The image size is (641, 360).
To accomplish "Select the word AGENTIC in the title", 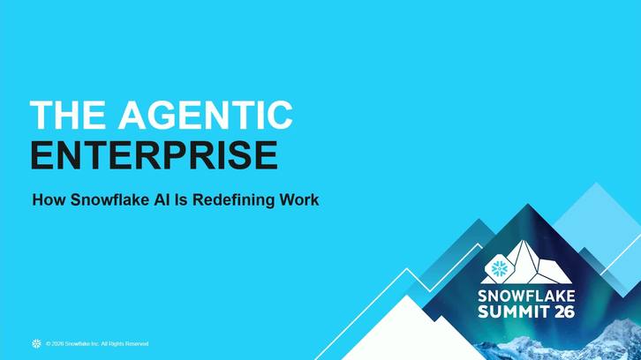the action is [206, 116].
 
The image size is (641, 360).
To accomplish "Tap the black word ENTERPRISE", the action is [155, 155].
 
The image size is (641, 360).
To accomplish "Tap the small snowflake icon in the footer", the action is [37, 343].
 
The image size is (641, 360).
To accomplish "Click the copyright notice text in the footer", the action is [97, 343].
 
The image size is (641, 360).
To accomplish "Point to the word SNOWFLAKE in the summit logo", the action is [526, 296].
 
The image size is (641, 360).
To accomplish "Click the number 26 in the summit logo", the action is [565, 311].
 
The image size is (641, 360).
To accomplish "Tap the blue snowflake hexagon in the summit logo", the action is [499, 268].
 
